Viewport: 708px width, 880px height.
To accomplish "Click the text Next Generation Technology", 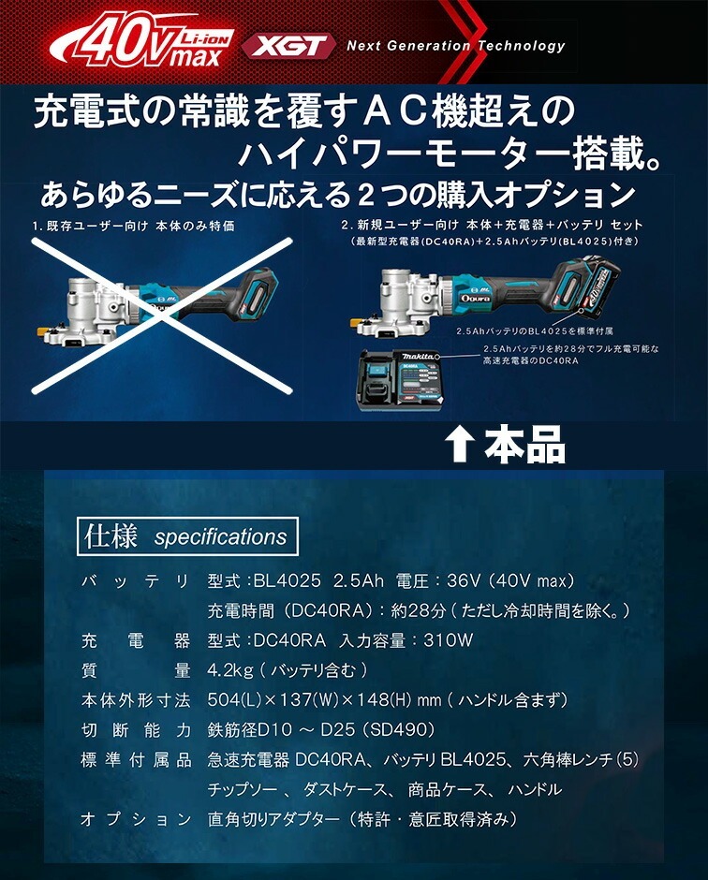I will click(455, 45).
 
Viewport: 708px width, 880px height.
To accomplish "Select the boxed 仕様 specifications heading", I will click(186, 536).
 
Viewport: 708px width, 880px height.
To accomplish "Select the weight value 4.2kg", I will click(229, 670).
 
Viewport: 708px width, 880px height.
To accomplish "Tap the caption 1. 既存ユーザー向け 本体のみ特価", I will click(132, 226).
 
